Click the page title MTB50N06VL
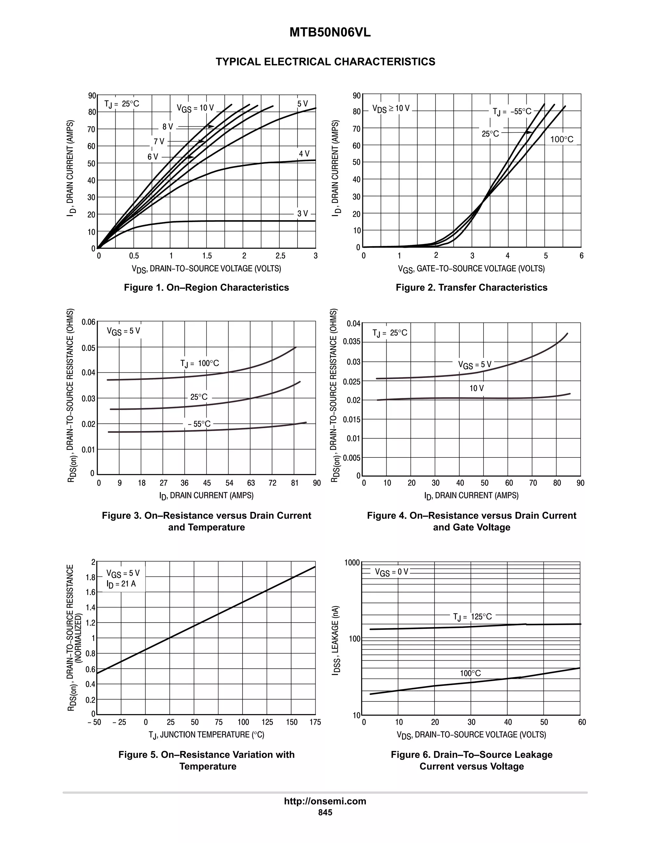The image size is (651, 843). point(330,33)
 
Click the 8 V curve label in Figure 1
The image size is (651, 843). point(168,127)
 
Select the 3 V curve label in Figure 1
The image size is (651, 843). point(303,213)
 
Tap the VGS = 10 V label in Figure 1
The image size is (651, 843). point(195,108)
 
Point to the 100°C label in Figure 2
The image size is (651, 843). point(562,139)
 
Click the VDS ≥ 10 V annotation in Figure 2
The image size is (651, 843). point(391,108)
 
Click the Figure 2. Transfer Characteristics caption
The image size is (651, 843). point(471,287)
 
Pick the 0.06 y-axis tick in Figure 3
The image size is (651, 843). point(88,322)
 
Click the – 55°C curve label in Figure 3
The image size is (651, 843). point(199,424)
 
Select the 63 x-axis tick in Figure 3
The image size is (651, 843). point(251,483)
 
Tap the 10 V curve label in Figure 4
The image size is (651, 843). point(476,388)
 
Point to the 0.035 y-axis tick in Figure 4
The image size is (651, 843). point(352,342)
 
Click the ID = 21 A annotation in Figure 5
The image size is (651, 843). point(121,584)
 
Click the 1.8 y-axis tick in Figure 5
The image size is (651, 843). point(91,577)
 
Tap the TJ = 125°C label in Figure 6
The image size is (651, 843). point(472,617)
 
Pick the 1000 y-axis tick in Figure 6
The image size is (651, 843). point(352,563)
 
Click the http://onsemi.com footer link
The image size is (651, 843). point(325,801)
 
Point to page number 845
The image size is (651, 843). point(325,812)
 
